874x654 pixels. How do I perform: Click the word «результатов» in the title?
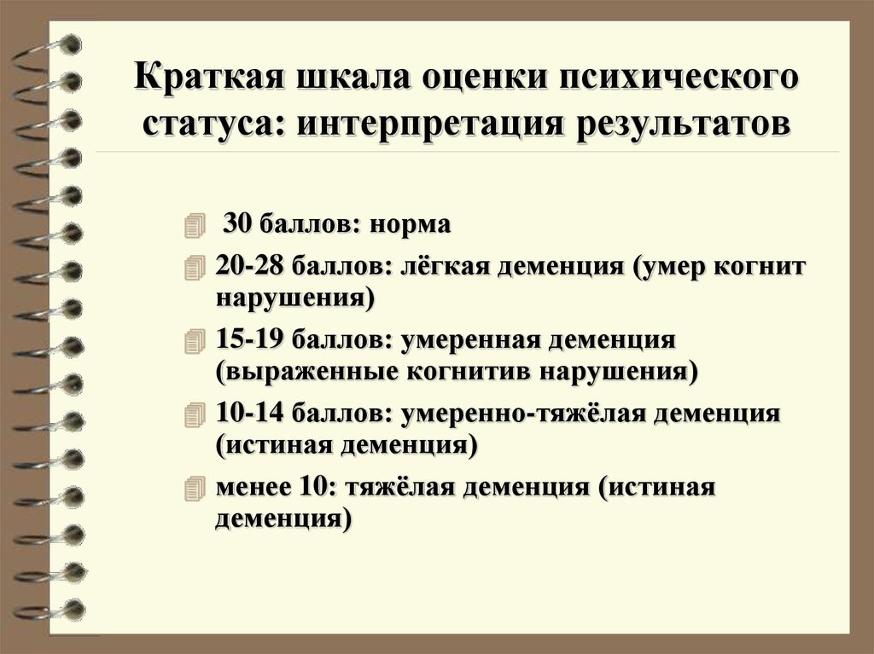click(682, 124)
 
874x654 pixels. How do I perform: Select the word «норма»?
click(410, 225)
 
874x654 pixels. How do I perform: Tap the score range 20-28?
click(250, 265)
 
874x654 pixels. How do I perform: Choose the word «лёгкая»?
click(445, 266)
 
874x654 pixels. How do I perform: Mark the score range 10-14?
click(250, 413)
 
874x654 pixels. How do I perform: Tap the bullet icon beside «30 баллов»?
click(195, 227)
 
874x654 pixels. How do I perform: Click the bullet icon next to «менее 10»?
click(195, 489)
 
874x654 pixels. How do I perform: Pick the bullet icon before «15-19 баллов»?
click(195, 341)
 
